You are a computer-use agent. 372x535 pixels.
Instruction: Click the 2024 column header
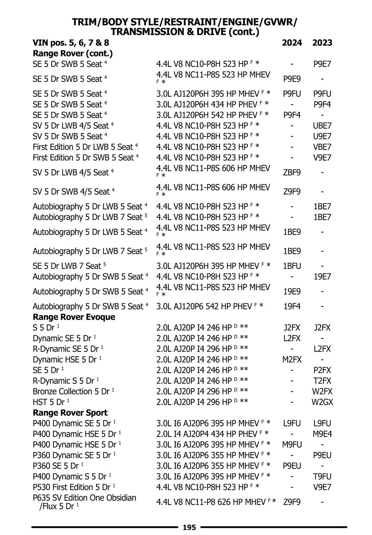coord(292,43)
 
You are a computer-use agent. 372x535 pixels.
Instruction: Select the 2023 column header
coord(322,43)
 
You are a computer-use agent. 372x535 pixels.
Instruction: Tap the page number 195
coord(189,527)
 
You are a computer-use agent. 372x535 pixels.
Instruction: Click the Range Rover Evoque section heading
coord(74,317)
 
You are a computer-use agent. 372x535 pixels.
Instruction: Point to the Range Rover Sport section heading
coord(70,413)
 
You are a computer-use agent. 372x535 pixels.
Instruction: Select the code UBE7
coord(322,126)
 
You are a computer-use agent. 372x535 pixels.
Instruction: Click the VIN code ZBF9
coord(292,172)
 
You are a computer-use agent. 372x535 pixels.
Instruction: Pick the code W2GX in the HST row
coord(322,402)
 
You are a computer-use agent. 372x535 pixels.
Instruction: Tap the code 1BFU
coord(292,266)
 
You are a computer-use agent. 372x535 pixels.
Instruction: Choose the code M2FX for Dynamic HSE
coord(292,360)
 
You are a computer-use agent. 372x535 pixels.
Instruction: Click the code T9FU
coord(322,476)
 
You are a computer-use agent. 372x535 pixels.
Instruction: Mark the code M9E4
coord(322,434)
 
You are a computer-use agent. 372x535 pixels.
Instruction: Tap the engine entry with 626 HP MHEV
coord(216,502)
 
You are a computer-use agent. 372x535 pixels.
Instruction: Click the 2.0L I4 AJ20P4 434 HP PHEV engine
coord(212,434)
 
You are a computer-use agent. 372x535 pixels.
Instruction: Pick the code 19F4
coord(292,307)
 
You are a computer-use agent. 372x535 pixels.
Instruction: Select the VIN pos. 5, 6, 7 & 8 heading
coord(71,43)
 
